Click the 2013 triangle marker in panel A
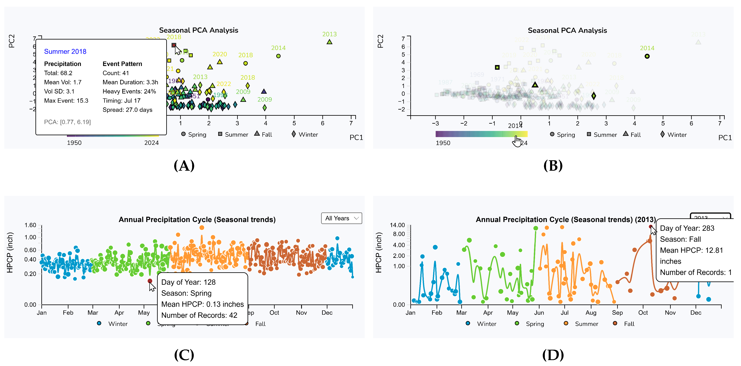pyautogui.click(x=329, y=42)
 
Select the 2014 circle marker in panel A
pyautogui.click(x=278, y=56)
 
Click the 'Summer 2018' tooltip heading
pyautogui.click(x=65, y=52)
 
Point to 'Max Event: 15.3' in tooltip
pyautogui.click(x=66, y=101)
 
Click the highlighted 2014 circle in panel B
pyautogui.click(x=647, y=56)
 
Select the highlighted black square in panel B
pyautogui.click(x=497, y=67)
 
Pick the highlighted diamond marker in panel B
pyautogui.click(x=593, y=96)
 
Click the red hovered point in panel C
pyautogui.click(x=150, y=281)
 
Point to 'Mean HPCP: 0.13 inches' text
pyautogui.click(x=202, y=304)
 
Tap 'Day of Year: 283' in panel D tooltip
pyautogui.click(x=687, y=228)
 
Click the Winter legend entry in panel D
pyautogui.click(x=486, y=324)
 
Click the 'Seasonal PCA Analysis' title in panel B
pyautogui.click(x=567, y=31)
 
